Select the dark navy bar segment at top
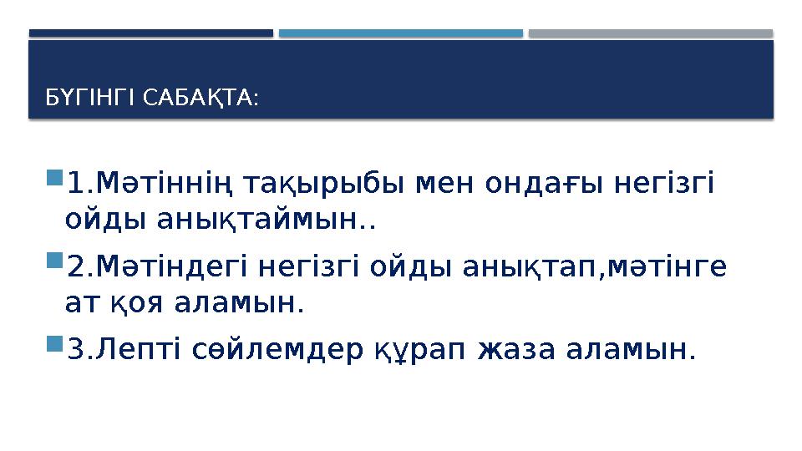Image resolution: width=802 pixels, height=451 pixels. tap(150, 33)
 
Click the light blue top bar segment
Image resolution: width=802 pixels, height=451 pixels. tap(400, 33)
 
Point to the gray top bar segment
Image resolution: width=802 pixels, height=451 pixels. tap(650, 33)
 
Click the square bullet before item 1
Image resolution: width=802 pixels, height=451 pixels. tap(54, 178)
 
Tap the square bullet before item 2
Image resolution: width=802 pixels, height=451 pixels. tap(54, 264)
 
